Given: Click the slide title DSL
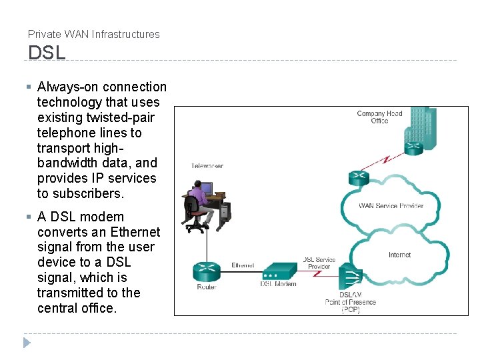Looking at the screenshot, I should coord(47,53).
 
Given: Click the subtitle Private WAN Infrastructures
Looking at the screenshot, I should coord(94,34).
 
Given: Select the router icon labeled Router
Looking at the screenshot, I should coord(207,271).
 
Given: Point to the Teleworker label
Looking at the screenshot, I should coord(207,165).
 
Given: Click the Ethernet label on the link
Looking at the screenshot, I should coord(243,265).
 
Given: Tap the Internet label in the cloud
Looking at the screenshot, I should coord(399,255).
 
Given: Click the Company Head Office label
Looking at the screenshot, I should coord(379,117).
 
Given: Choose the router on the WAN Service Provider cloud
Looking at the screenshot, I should coord(359,178).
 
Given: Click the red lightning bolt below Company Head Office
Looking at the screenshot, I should coord(385,161).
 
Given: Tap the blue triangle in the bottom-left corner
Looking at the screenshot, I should coord(27,343).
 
